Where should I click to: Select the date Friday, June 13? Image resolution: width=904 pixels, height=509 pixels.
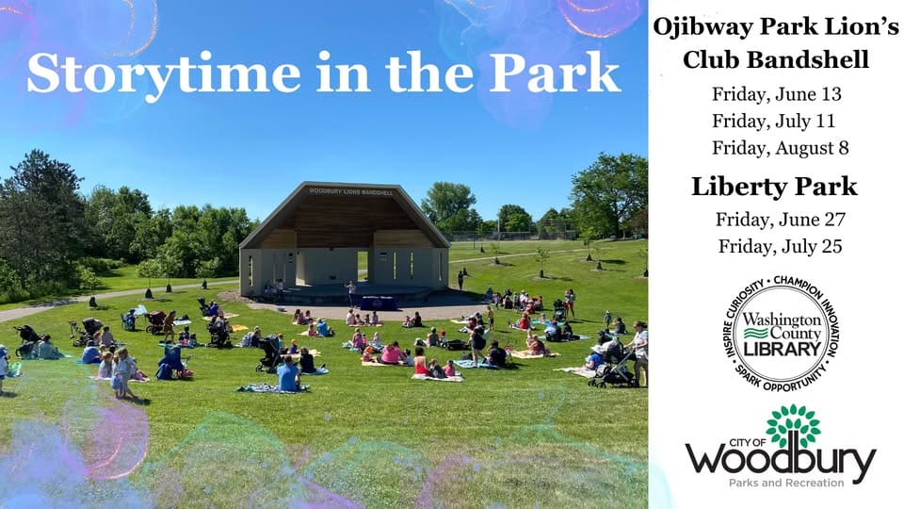tap(776, 94)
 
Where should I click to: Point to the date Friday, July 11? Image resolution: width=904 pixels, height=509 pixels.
tap(773, 122)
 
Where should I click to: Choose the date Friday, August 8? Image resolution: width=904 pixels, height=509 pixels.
tap(780, 148)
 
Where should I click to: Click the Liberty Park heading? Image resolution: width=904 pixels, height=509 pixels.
tap(774, 187)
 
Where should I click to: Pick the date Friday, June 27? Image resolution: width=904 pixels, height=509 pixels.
tap(780, 220)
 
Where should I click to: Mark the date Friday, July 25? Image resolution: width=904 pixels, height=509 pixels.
tap(780, 247)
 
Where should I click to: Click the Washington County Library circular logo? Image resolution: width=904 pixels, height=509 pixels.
tap(782, 334)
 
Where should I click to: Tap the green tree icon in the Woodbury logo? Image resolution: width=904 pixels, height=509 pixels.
tap(793, 426)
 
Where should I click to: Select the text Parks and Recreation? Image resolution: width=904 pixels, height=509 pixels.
tap(786, 483)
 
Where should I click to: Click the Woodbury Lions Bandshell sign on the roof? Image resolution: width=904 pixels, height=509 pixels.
tap(351, 191)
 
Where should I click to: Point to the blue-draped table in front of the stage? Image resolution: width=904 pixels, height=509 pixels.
tap(379, 303)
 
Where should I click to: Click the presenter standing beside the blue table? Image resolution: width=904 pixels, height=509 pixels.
tap(350, 293)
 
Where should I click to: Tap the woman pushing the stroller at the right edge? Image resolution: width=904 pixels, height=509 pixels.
tap(639, 353)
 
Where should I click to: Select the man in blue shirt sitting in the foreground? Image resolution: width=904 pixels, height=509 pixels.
tap(288, 374)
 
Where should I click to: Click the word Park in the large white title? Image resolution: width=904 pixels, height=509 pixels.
tap(555, 74)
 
